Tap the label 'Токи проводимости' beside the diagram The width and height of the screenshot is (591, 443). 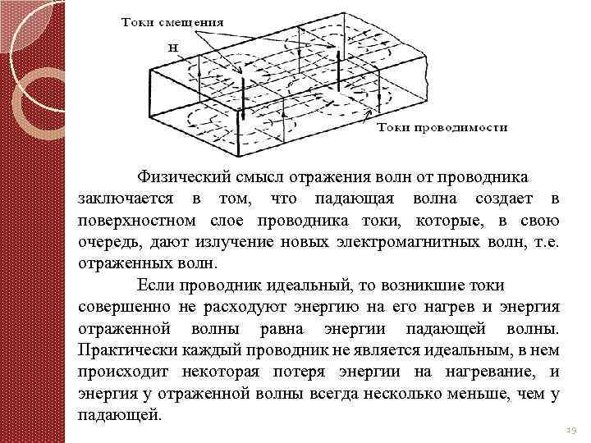(442, 127)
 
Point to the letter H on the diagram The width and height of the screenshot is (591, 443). (174, 47)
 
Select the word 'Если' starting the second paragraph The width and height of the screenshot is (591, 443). (152, 285)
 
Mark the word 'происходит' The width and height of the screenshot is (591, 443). (117, 373)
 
